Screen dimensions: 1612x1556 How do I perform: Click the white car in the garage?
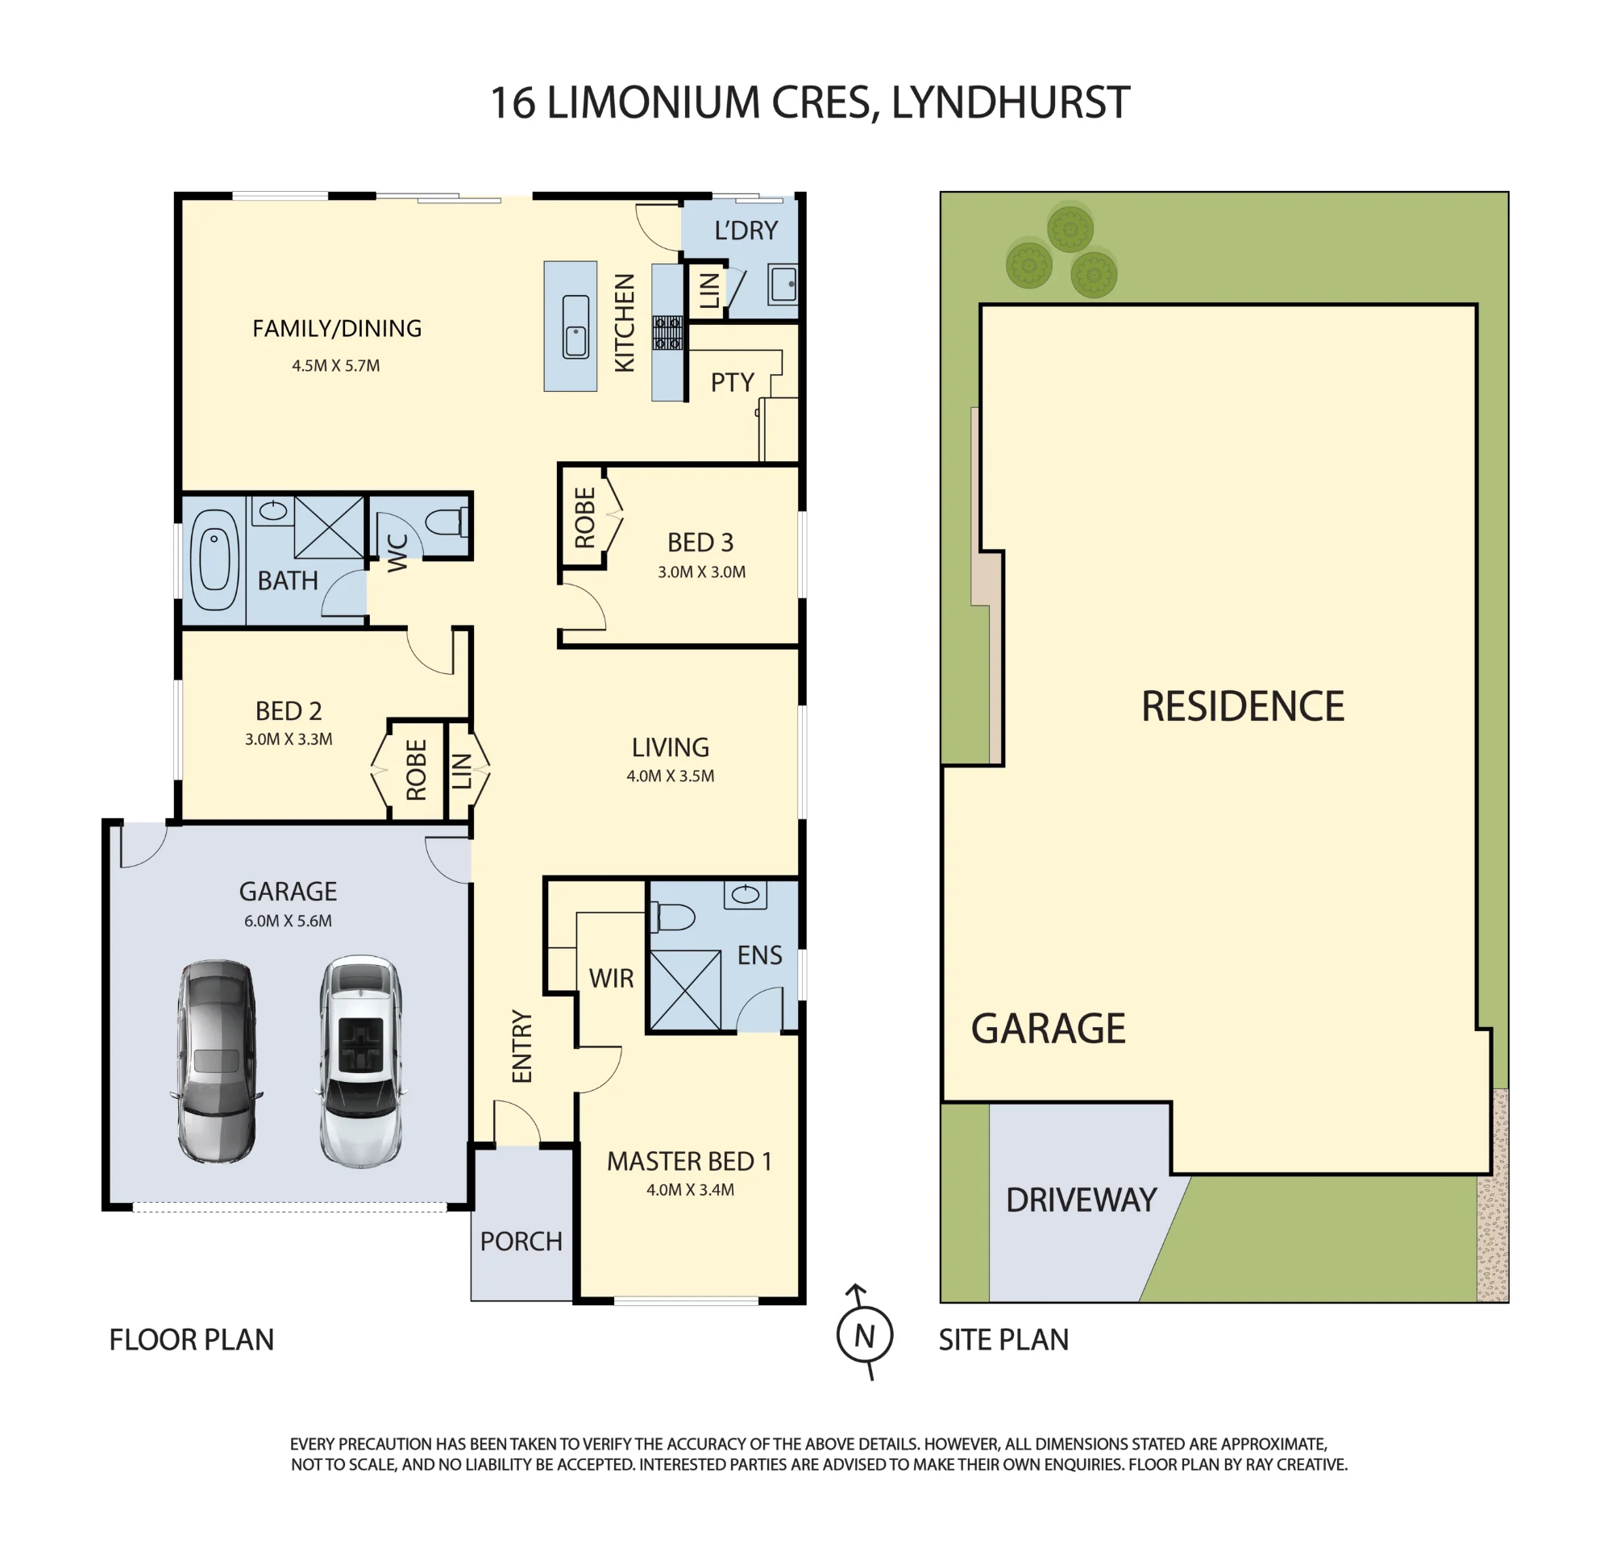[x=361, y=1062]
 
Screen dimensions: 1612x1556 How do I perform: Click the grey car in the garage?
[x=217, y=1062]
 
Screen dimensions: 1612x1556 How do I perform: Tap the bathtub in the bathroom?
[x=214, y=560]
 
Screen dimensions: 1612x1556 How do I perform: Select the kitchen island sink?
[x=575, y=327]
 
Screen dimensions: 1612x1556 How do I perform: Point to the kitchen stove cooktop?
[x=668, y=333]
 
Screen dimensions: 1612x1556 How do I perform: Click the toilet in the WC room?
[x=447, y=522]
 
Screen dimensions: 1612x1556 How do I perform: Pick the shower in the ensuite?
[x=685, y=990]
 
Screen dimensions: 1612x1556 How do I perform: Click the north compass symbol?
[x=864, y=1334]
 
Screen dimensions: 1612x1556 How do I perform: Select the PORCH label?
[x=521, y=1242]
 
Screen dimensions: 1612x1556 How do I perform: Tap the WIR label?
[x=611, y=979]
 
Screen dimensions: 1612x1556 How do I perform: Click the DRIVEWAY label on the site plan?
[x=1082, y=1200]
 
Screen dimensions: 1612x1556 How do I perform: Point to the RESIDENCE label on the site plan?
[x=1243, y=707]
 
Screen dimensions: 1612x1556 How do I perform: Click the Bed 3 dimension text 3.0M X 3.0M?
[x=701, y=572]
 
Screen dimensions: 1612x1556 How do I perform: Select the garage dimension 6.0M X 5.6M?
[x=288, y=921]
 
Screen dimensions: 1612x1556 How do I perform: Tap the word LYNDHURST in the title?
[x=1011, y=103]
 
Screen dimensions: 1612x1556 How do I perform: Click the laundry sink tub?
[x=783, y=284]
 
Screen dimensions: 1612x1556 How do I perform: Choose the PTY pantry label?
[x=732, y=383]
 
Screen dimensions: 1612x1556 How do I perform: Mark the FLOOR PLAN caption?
[x=192, y=1341]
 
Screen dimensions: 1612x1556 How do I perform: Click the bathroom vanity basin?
[x=272, y=510]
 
